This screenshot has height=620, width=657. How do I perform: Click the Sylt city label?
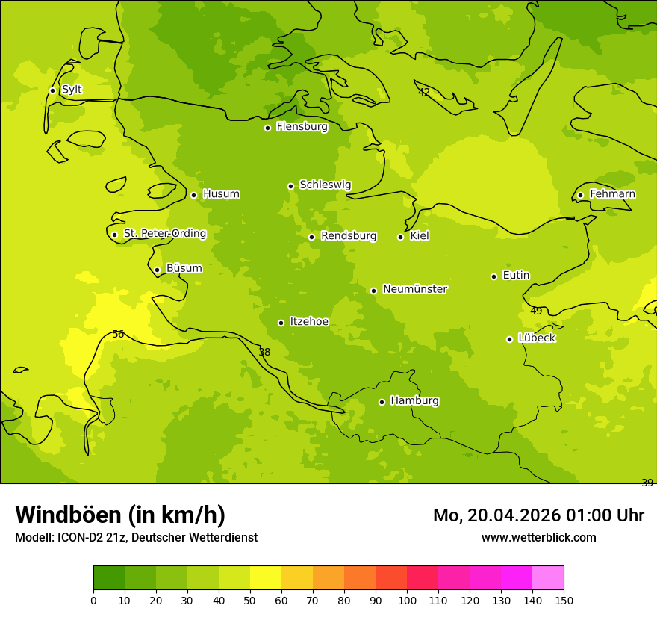point(72,90)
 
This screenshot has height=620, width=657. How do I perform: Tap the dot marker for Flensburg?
point(267,128)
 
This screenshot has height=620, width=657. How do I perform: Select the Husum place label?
point(221,194)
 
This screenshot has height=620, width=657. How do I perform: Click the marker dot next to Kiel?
point(401,237)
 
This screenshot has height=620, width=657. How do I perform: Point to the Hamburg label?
point(414,401)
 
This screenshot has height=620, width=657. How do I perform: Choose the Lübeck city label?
point(537,338)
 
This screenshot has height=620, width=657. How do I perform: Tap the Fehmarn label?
point(612,194)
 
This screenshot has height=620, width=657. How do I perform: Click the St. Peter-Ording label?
point(165,234)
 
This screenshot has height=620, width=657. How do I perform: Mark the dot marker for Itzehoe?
point(281,323)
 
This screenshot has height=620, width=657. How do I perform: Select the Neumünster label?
point(415,289)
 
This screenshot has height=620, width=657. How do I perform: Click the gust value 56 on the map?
point(118,335)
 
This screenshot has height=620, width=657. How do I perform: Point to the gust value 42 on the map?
point(424,93)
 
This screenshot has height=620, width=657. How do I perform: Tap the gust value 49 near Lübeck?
point(536,311)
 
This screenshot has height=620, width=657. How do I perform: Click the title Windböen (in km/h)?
point(120,515)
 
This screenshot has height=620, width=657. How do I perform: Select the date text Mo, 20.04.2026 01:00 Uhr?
point(538,515)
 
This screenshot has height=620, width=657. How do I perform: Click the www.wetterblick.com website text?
point(538,537)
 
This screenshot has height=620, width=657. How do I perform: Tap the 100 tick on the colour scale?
point(407,600)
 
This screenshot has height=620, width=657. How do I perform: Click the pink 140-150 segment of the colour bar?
point(548,578)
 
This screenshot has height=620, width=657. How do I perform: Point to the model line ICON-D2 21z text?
point(136,537)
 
